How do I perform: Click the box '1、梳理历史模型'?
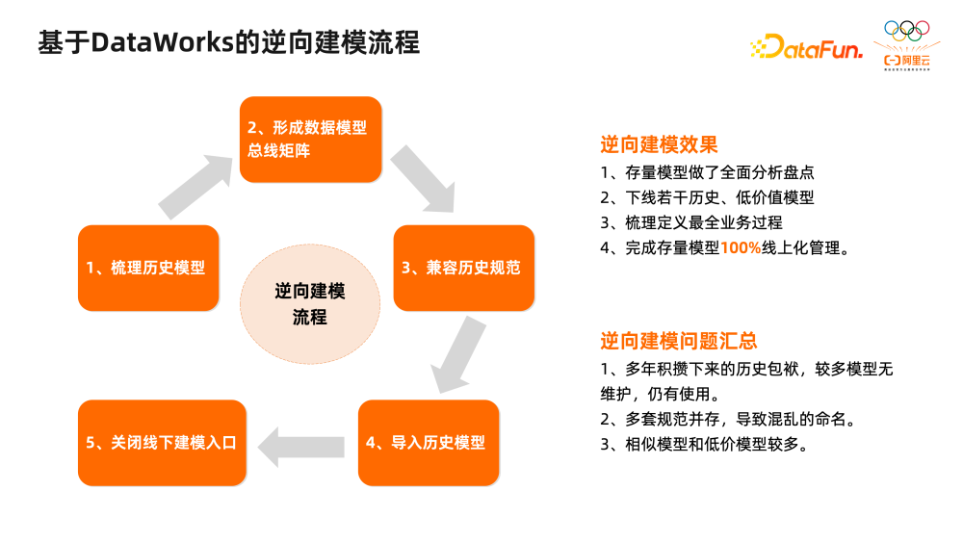(148, 268)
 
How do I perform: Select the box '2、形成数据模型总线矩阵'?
(310, 140)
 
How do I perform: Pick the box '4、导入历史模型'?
(429, 443)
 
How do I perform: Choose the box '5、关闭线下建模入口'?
(161, 443)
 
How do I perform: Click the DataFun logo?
(805, 45)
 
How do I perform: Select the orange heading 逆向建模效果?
(659, 145)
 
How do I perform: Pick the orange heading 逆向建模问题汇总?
(678, 341)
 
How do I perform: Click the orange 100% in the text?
(741, 246)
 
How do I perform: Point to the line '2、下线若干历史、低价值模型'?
(707, 197)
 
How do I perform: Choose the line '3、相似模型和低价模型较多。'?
(703, 444)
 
